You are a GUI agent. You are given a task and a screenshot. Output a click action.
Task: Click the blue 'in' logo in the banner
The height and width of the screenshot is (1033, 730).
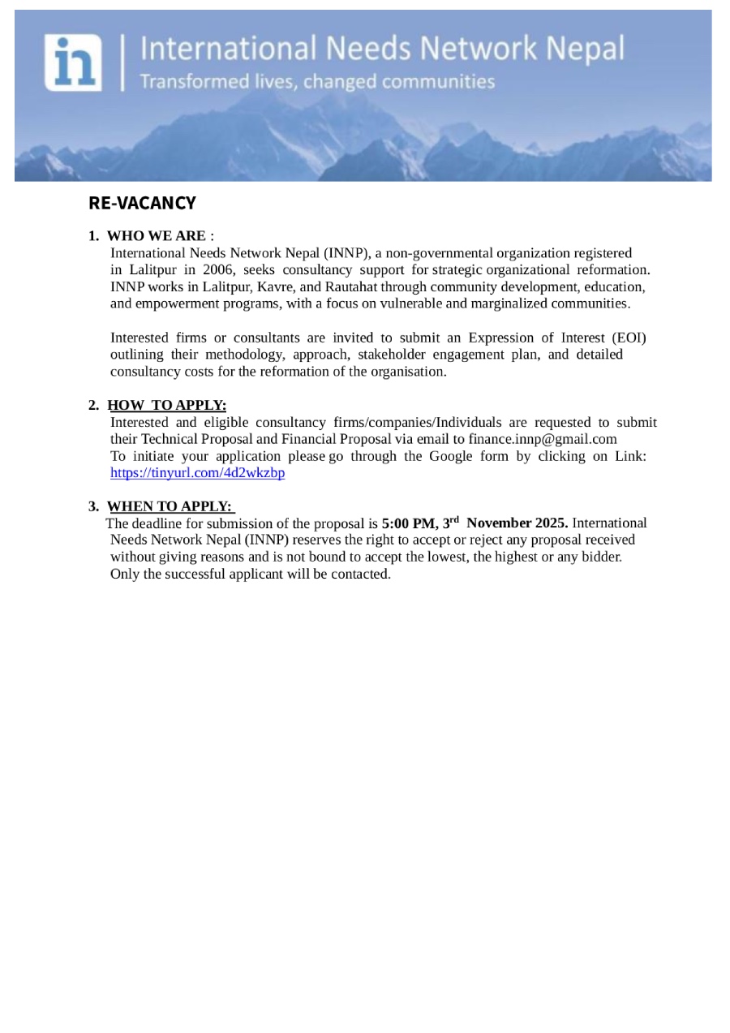coord(73,62)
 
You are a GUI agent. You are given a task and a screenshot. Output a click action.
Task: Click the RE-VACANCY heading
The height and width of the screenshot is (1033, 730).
coord(142,203)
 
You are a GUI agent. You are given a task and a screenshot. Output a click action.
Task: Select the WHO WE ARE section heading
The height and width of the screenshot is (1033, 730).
coord(156,236)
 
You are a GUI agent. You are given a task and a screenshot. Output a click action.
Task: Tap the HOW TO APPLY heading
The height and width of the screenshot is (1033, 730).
coord(166,405)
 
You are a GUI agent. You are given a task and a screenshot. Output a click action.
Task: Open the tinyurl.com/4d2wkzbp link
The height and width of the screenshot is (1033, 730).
coord(197,473)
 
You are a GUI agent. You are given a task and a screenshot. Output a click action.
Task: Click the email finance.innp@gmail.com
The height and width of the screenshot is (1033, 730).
coord(543,439)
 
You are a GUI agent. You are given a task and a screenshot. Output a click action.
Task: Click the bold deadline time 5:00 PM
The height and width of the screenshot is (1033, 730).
coord(410,523)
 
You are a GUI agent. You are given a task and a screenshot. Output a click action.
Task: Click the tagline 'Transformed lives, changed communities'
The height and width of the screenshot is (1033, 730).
coord(317,82)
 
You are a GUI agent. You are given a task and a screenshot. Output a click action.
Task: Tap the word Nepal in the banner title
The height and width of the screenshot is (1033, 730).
coord(585,49)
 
